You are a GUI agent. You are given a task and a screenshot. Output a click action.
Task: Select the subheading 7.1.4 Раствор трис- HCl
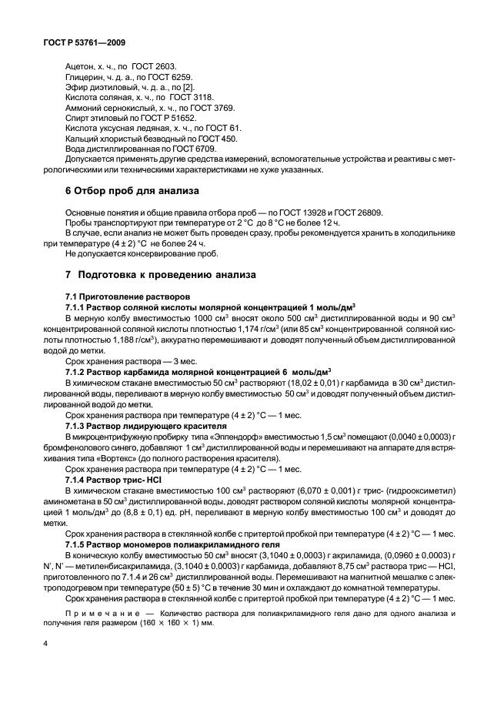pyautogui.click(x=113, y=479)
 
